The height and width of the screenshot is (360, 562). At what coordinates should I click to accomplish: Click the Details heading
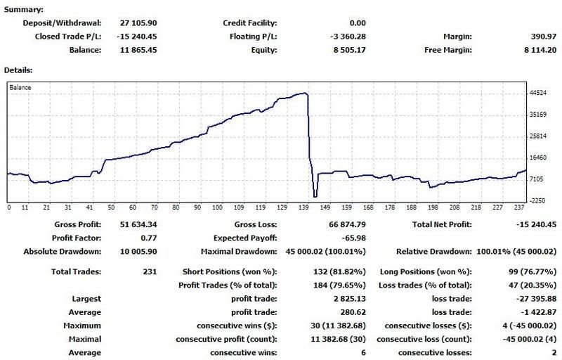pos(20,71)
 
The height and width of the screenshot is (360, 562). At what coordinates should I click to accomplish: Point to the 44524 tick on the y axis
pos(540,93)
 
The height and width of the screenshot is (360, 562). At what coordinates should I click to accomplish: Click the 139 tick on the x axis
pos(302,208)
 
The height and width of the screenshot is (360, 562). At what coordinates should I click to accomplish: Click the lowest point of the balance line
pos(315,197)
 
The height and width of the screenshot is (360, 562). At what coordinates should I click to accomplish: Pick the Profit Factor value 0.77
pos(149,238)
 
